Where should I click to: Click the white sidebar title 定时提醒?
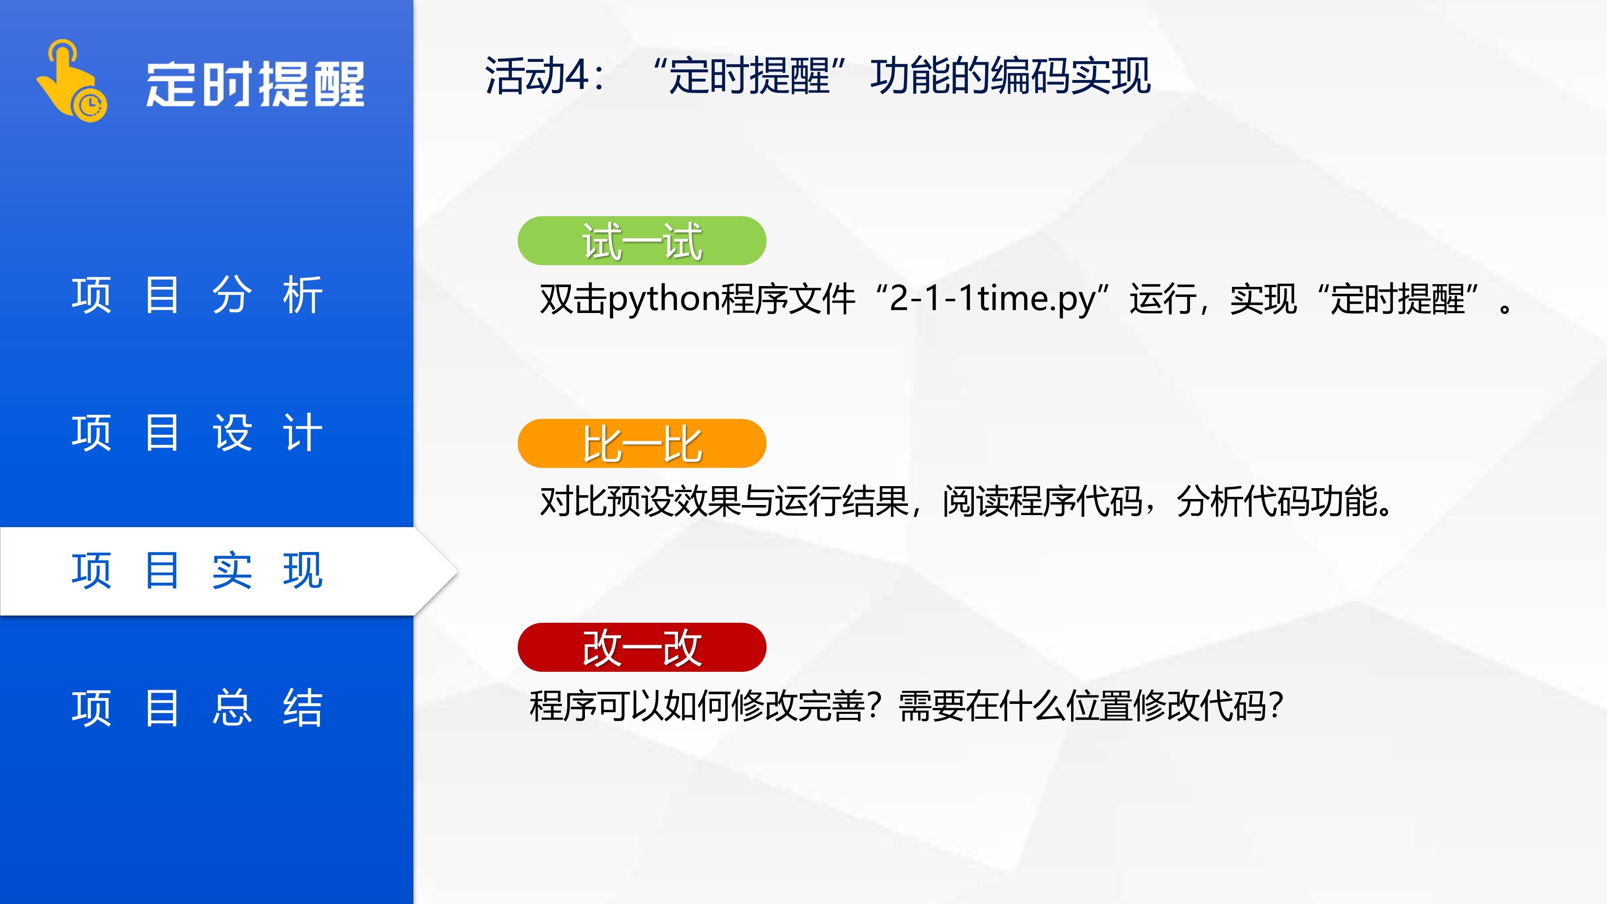pos(255,84)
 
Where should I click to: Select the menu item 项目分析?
pos(197,295)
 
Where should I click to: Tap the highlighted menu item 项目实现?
pos(197,570)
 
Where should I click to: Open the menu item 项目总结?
pos(197,708)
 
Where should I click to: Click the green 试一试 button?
pos(642,241)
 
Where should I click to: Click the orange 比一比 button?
pos(642,444)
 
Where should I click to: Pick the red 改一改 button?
pos(642,648)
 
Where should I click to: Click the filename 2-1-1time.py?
pos(992,299)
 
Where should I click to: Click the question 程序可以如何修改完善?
pos(697,706)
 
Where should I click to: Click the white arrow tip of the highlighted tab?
pos(458,571)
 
